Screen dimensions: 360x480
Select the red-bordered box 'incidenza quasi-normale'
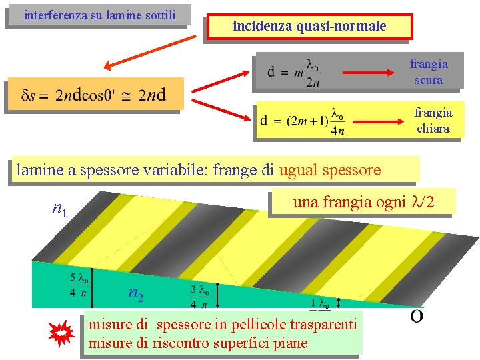point(309,27)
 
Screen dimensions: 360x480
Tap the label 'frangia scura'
point(429,72)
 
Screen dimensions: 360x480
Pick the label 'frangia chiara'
point(433,121)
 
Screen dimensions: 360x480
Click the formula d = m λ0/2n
point(294,72)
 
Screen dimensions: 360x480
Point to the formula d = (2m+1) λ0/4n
point(303,121)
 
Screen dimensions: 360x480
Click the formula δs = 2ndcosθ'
point(93,95)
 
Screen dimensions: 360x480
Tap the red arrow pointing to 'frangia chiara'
point(381,121)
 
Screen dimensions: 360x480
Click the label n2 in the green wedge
point(136,293)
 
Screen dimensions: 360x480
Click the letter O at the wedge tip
point(416,317)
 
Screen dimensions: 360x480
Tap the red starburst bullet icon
point(61,332)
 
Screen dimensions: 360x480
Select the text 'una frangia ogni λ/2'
point(363,202)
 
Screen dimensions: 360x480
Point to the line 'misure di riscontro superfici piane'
point(198,343)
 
